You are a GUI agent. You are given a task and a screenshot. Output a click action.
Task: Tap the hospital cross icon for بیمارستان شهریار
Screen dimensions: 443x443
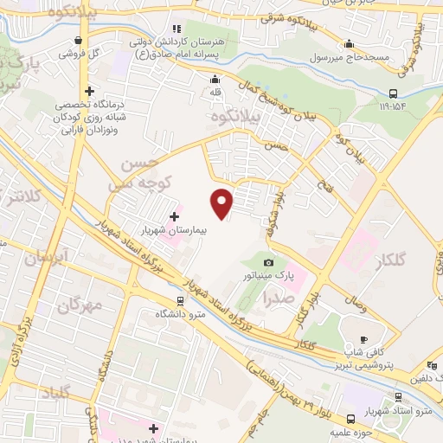(174, 215)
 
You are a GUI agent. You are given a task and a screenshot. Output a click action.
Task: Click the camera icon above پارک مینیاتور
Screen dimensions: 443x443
(268, 262)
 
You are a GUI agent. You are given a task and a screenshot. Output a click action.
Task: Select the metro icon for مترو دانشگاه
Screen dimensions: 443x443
(180, 301)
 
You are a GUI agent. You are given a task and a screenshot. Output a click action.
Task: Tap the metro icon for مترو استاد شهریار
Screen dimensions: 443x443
(397, 396)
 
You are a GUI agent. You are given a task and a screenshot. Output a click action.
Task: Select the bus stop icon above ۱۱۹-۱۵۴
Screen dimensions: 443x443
(394, 93)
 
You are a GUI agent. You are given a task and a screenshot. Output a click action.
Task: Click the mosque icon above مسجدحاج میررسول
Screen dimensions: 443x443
(349, 44)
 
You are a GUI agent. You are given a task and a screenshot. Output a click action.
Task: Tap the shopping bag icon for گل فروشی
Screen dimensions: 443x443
(80, 40)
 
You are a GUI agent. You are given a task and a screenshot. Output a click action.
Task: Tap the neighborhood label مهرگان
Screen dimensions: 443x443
(80, 305)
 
